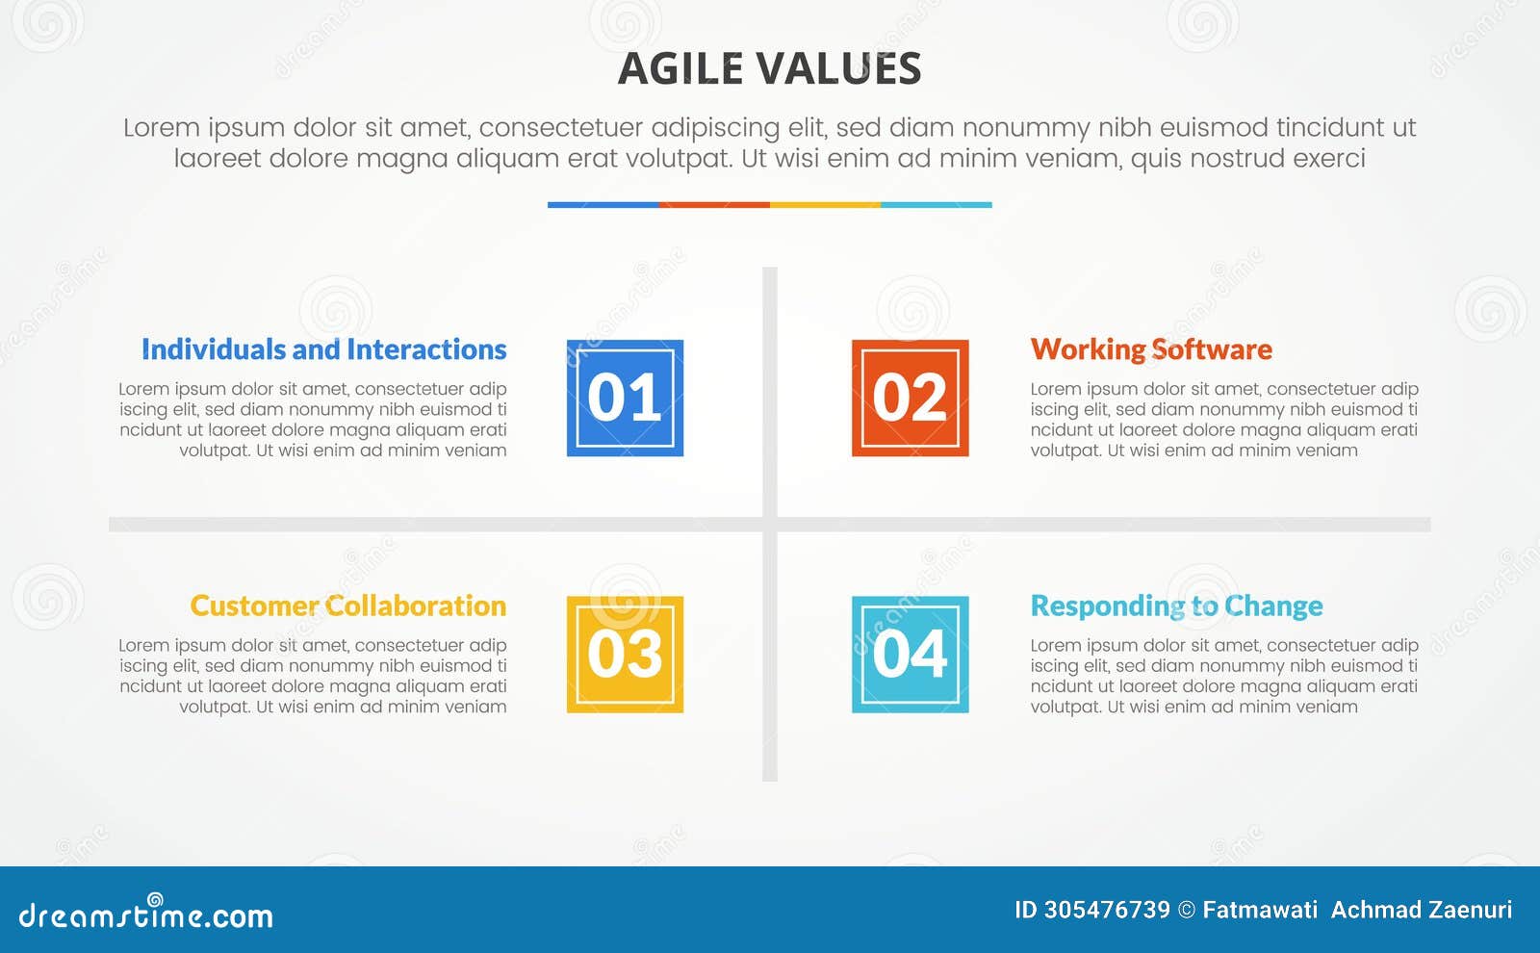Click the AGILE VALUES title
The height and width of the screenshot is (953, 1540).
point(769,69)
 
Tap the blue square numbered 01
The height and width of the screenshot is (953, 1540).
point(625,398)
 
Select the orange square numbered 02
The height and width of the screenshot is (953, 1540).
point(910,398)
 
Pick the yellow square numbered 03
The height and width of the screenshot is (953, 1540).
point(625,655)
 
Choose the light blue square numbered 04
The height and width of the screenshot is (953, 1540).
point(910,655)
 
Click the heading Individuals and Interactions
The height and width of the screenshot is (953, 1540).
point(323,349)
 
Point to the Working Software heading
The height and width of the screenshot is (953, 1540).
point(1151,349)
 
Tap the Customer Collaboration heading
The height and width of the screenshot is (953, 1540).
point(347,605)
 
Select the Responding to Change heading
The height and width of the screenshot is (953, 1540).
point(1176,606)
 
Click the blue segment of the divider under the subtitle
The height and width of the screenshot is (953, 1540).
point(603,204)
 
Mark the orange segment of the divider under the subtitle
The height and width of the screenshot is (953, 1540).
point(714,204)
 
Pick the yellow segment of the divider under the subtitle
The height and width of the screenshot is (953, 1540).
point(825,204)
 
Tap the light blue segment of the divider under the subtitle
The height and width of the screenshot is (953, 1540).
point(936,204)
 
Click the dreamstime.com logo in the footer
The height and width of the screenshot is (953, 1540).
point(146,914)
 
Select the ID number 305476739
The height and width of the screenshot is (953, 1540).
point(1107,910)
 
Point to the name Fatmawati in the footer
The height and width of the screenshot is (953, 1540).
point(1260,910)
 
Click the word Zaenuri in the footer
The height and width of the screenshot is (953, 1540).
point(1469,910)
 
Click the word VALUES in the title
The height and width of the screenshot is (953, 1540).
point(837,69)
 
